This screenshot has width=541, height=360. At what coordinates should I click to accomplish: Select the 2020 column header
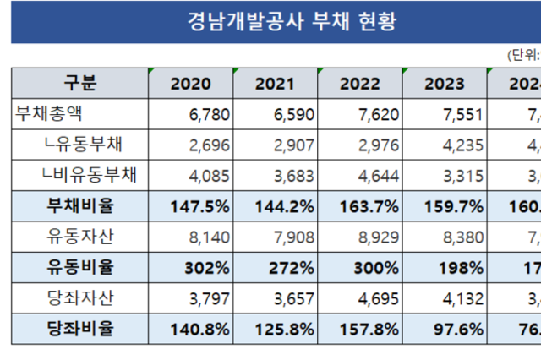pos(191,84)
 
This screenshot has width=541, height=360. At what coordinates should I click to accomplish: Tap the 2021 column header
pos(276,84)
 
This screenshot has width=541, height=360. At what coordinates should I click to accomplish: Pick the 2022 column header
pos(360,84)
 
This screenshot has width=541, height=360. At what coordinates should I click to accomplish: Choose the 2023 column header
pos(445,84)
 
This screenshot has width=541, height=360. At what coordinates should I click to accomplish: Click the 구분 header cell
pos(80,83)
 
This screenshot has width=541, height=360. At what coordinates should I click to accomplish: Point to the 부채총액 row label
pos(51,113)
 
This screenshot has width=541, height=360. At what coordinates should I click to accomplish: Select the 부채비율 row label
pos(80,205)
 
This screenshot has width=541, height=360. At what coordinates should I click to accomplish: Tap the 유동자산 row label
pos(79,236)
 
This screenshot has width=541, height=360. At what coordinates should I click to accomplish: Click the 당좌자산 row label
pos(79,297)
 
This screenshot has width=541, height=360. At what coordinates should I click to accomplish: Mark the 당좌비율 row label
pos(80,328)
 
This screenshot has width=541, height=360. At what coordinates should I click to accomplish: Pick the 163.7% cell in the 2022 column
pos(369,206)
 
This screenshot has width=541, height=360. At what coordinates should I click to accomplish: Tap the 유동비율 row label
pos(80,266)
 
